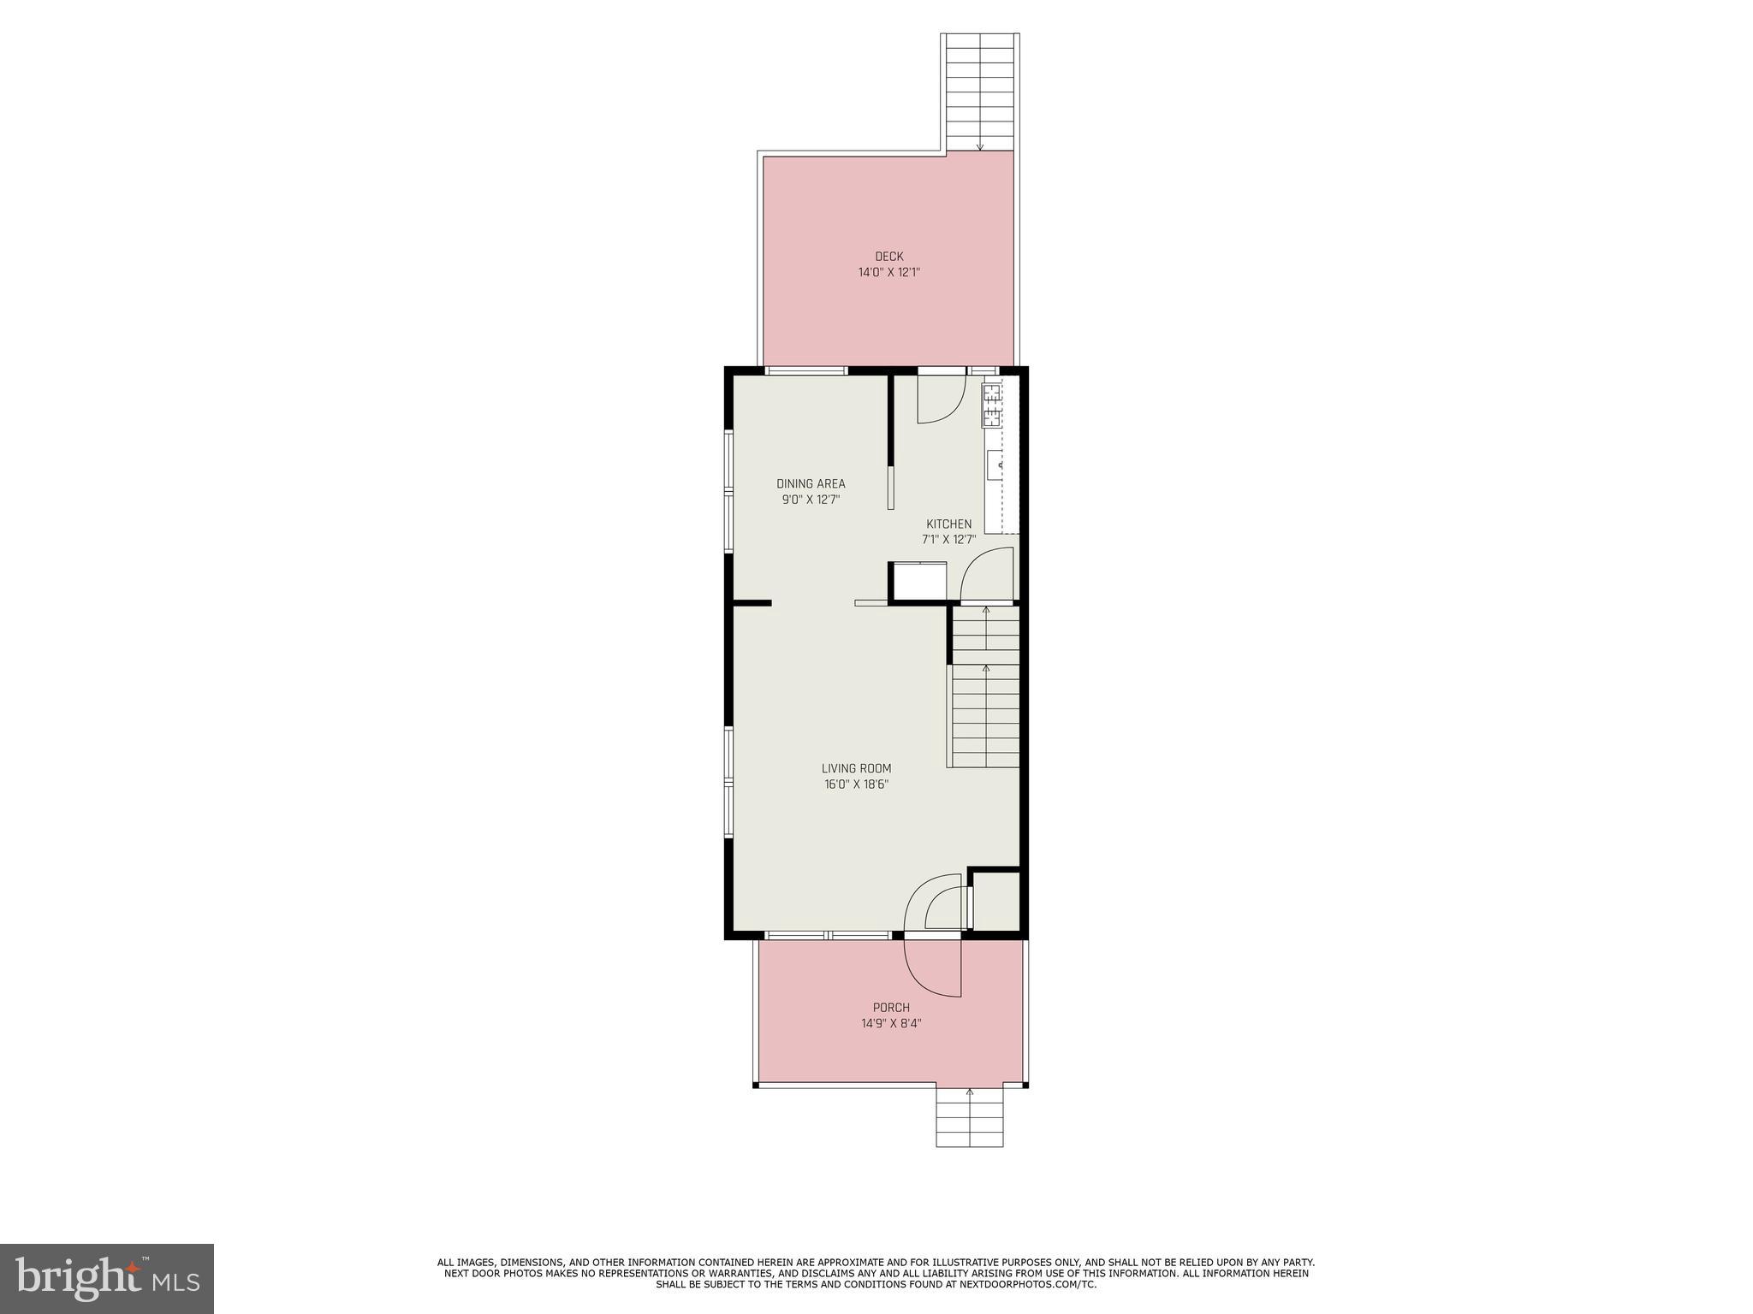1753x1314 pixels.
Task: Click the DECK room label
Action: coord(888,257)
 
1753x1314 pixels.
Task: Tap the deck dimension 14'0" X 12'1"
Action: coord(888,273)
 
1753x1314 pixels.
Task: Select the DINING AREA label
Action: coord(811,484)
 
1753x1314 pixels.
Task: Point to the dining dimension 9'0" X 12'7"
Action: coord(811,500)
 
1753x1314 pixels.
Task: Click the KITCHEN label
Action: coord(948,524)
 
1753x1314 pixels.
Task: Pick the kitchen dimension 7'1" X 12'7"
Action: coord(948,540)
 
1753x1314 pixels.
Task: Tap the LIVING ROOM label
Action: coord(856,769)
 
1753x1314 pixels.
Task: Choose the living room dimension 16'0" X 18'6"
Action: coord(856,784)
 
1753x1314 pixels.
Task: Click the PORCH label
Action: coord(891,1008)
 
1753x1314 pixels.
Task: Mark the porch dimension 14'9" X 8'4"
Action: coord(891,1023)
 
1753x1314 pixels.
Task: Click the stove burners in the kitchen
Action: coord(992,405)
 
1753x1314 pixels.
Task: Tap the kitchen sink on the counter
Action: coord(995,466)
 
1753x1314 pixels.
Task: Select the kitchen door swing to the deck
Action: coord(941,399)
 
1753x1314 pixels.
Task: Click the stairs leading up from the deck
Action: coord(980,92)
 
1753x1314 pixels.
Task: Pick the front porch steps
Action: coord(969,1117)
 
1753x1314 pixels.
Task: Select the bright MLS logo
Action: coord(107,1278)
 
